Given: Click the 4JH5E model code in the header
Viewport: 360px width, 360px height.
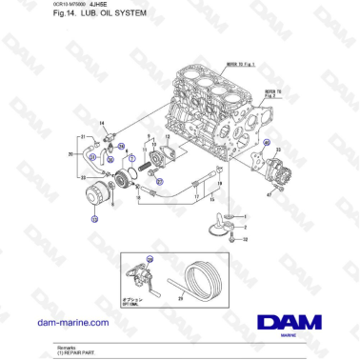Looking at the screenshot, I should [100, 7].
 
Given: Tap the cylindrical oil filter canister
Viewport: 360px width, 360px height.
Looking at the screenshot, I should [99, 201].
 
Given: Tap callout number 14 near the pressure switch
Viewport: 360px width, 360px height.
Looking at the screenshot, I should [103, 124].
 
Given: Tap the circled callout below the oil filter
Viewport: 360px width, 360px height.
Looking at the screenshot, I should [93, 219].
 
